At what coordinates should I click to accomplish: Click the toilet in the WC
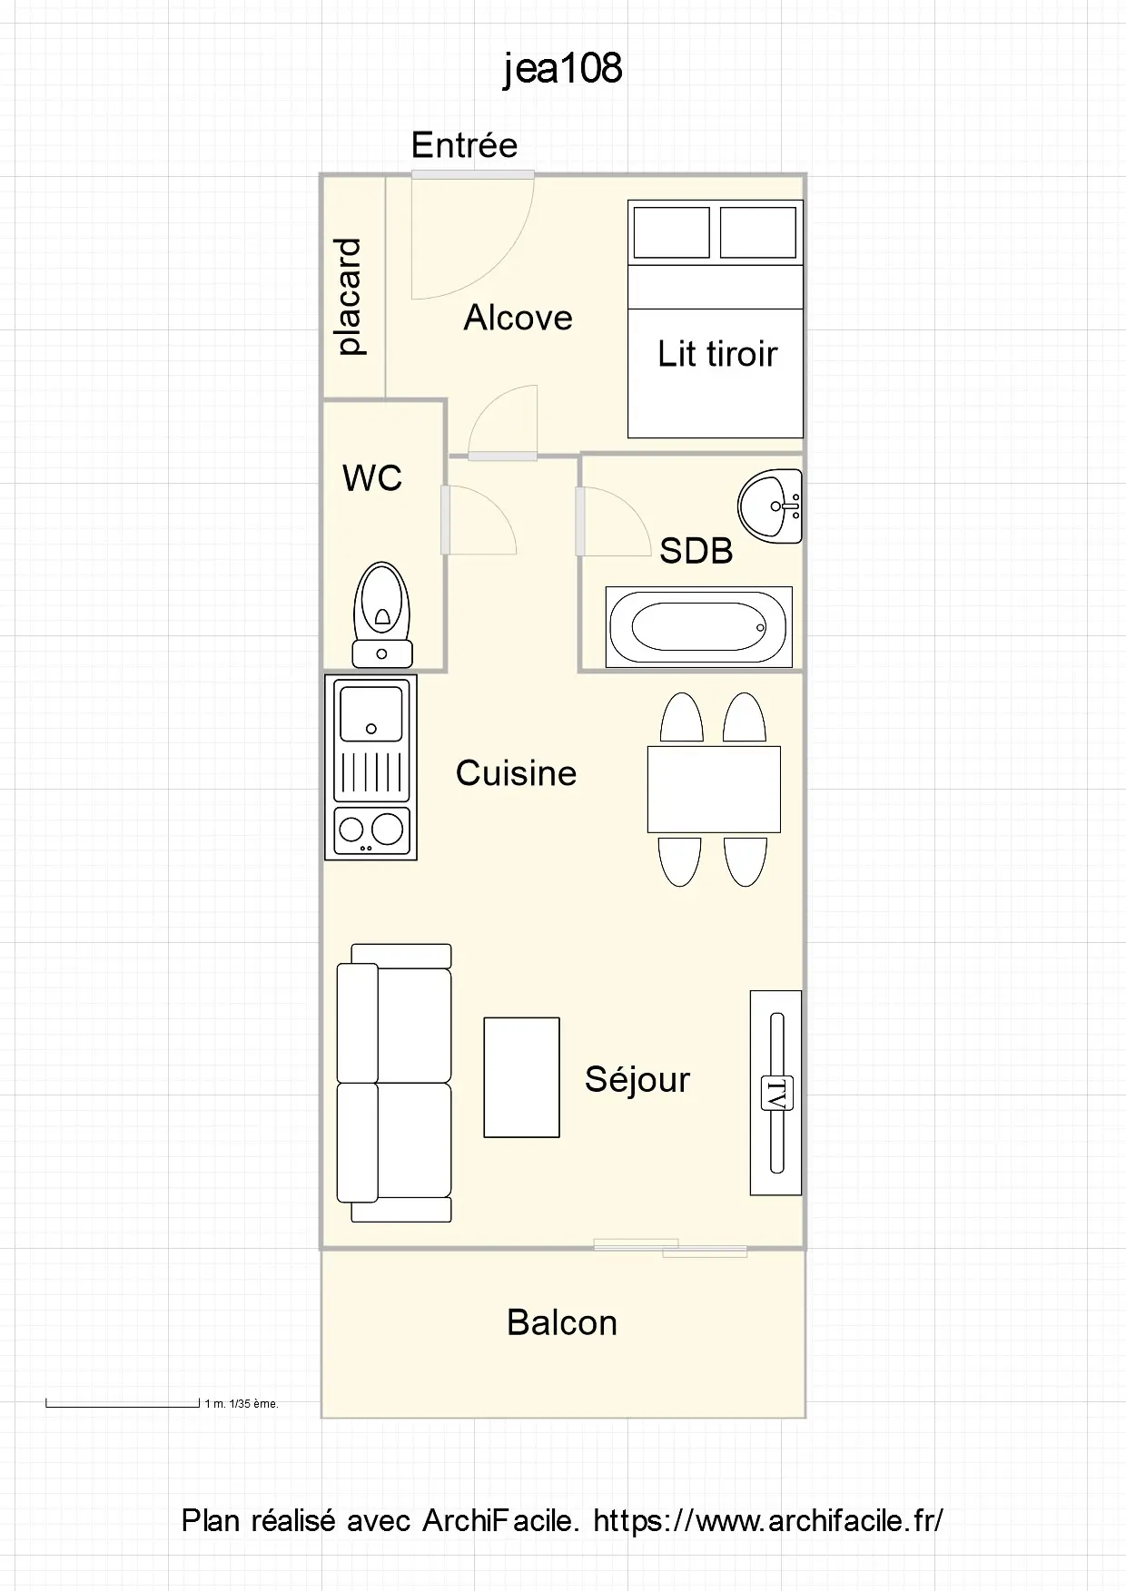pos(382,614)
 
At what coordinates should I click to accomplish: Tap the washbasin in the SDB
pos(770,506)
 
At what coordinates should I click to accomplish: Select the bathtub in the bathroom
pos(699,626)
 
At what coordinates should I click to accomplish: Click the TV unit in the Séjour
pos(776,1092)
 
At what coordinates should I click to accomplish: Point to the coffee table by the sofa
pos(521,1077)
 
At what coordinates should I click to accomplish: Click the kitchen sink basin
pos(370,713)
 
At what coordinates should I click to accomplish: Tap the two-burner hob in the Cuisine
pos(370,830)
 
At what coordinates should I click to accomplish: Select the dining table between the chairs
pos(714,789)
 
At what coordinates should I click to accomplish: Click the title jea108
pos(563,68)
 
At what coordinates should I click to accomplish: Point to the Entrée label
pos(464,145)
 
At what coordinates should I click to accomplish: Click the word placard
pos(349,297)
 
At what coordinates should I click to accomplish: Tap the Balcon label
pos(562,1322)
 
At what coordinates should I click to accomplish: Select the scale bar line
pos(123,1405)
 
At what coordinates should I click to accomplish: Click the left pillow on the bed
pos(672,232)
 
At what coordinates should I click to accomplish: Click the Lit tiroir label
pos(717,354)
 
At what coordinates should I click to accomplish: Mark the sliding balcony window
pos(670,1248)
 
